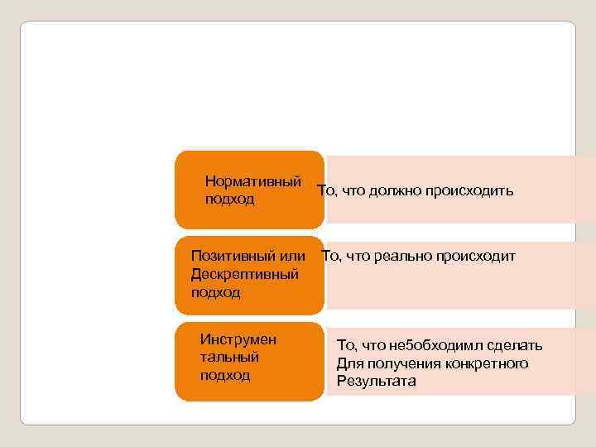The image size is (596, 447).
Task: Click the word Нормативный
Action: click(x=252, y=180)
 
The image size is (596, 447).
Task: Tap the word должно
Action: click(x=393, y=192)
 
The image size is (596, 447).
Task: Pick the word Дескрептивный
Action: click(x=244, y=274)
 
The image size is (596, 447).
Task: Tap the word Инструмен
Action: click(x=238, y=339)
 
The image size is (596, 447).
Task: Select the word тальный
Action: click(x=229, y=357)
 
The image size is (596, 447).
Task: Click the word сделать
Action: click(x=515, y=345)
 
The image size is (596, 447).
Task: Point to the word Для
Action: click(x=348, y=363)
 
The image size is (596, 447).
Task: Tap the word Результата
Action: click(x=377, y=382)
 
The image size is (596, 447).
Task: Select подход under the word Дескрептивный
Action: click(x=215, y=292)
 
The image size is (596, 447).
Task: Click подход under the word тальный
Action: click(x=224, y=375)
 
